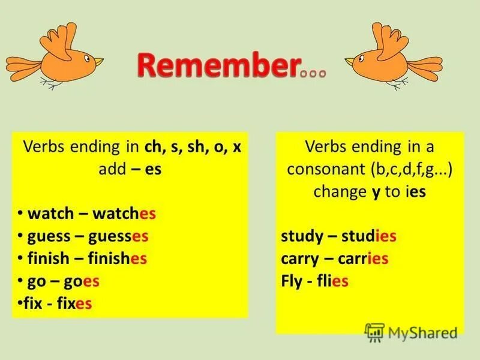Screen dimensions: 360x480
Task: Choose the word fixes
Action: [x=74, y=304]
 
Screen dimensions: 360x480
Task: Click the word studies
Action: [x=368, y=236]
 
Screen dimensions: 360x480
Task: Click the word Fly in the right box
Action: [x=292, y=281]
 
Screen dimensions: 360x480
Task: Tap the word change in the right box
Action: [x=335, y=191]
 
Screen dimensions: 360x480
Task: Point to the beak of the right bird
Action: [x=350, y=61]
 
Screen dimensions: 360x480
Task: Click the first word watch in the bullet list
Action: [x=50, y=214]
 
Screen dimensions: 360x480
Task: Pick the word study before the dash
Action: [x=302, y=236]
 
